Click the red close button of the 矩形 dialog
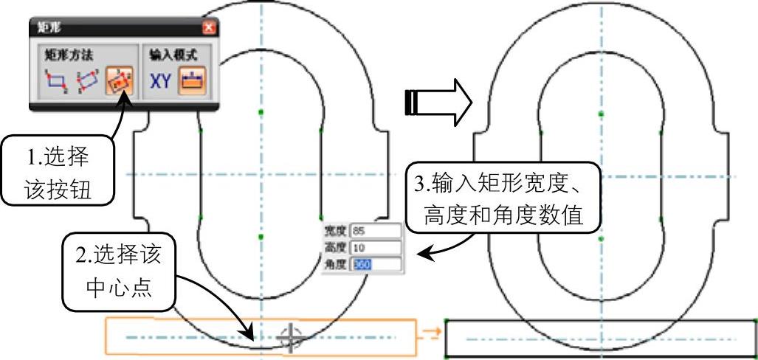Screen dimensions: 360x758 [x=209, y=28]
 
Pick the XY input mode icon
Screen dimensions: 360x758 [x=161, y=80]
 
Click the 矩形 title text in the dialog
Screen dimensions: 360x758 [x=49, y=28]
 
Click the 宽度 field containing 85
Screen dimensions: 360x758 [x=376, y=232]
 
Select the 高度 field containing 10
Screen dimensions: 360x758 [x=376, y=248]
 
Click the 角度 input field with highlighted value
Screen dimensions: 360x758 [x=376, y=263]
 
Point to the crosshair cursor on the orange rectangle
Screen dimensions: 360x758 [x=292, y=337]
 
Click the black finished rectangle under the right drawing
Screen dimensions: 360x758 [x=602, y=339]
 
